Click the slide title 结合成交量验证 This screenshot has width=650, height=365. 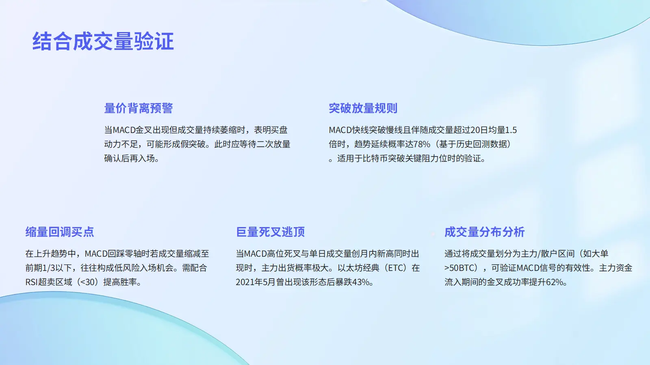click(103, 41)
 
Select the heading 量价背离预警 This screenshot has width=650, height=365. click(139, 108)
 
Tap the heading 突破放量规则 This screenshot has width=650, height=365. click(363, 108)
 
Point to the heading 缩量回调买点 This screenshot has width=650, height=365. click(60, 232)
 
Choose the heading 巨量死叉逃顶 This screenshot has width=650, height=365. click(270, 232)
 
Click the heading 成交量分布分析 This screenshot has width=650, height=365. click(485, 232)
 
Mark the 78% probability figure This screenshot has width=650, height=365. click(421, 144)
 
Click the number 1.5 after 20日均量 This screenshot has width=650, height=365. click(511, 130)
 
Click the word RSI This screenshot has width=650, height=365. click(31, 282)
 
